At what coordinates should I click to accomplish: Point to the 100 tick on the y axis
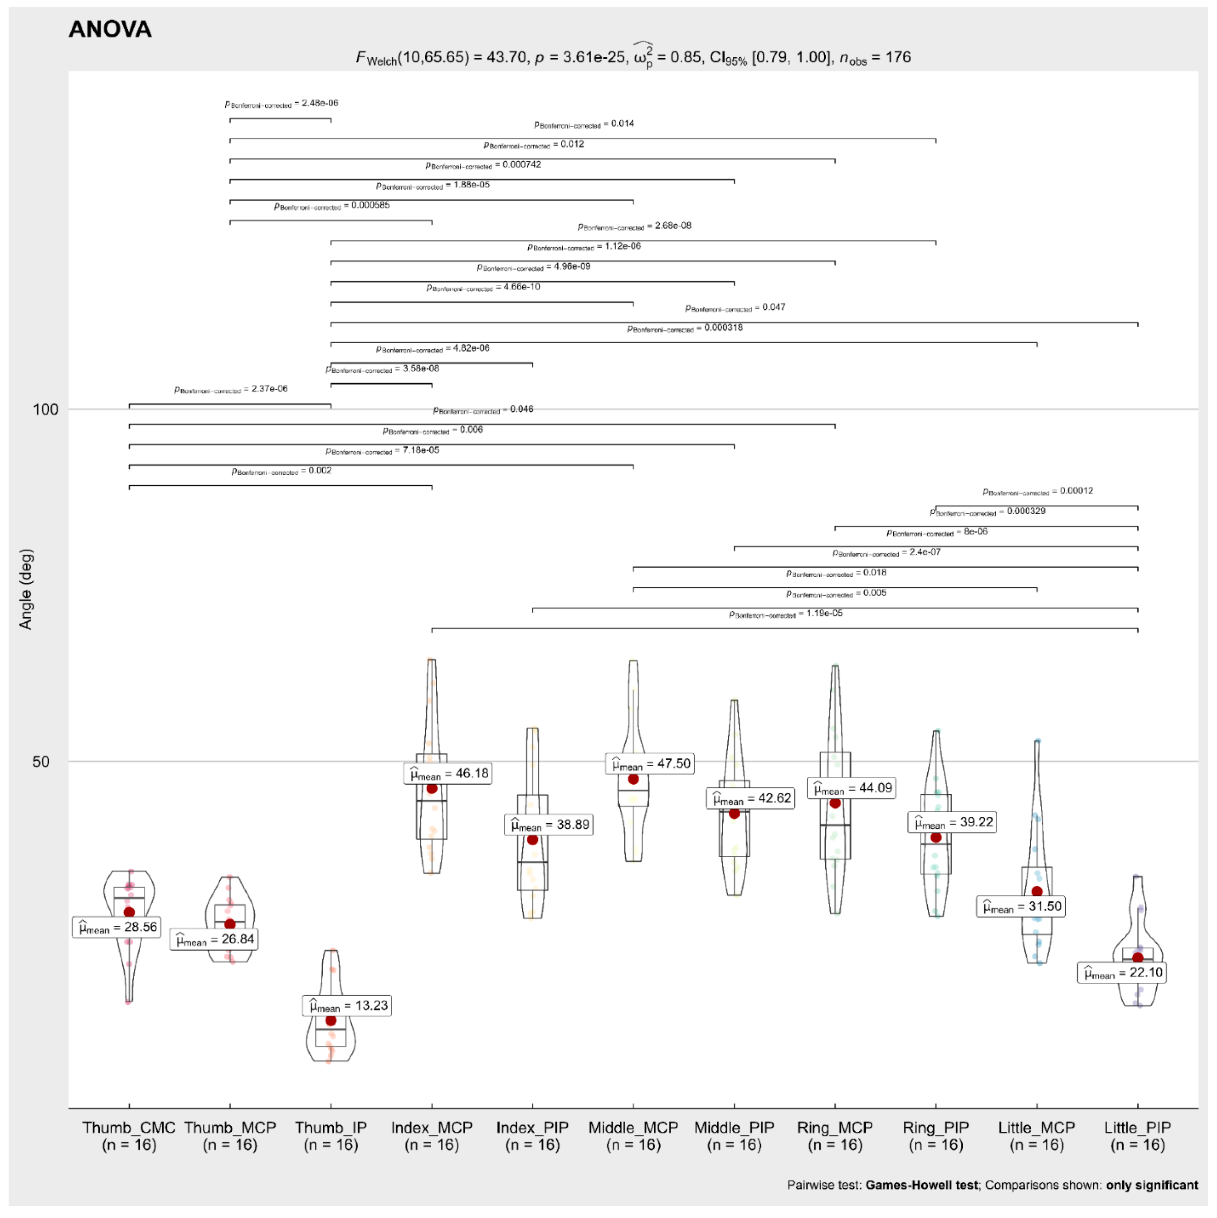[46, 410]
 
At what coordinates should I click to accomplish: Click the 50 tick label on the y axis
[41, 761]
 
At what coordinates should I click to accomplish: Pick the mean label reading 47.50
[650, 764]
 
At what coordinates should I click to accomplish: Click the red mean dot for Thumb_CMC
[129, 912]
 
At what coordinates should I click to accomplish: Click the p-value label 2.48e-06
[282, 103]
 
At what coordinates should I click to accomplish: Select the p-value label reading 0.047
[735, 308]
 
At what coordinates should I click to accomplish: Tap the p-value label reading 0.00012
[1038, 491]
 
